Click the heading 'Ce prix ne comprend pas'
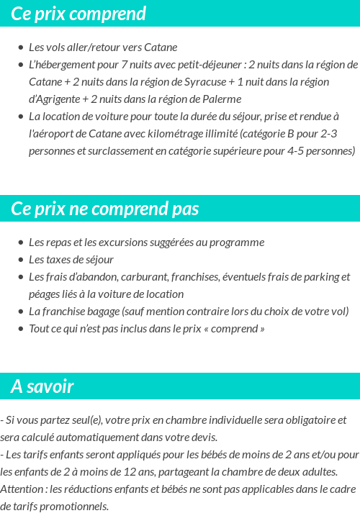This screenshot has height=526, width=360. (x=105, y=209)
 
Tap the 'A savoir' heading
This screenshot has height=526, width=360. (x=42, y=386)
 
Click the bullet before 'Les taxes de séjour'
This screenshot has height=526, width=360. (x=21, y=260)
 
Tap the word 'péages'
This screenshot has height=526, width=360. (x=45, y=294)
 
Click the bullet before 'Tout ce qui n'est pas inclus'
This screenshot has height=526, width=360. (x=21, y=329)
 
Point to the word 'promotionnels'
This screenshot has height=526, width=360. (x=74, y=507)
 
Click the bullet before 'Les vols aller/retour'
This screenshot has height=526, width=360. (x=21, y=47)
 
